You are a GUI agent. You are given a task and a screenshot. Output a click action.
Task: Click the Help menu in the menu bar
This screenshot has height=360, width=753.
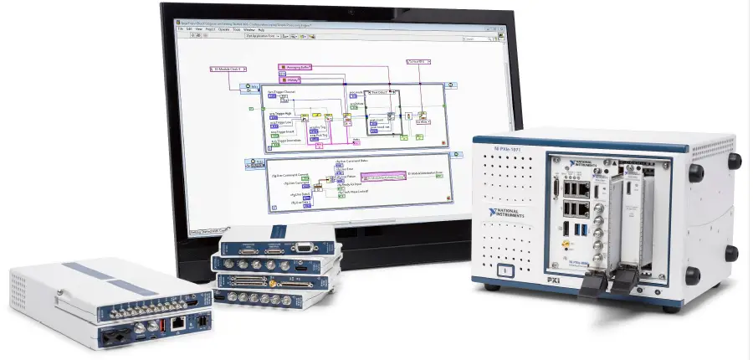285,29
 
